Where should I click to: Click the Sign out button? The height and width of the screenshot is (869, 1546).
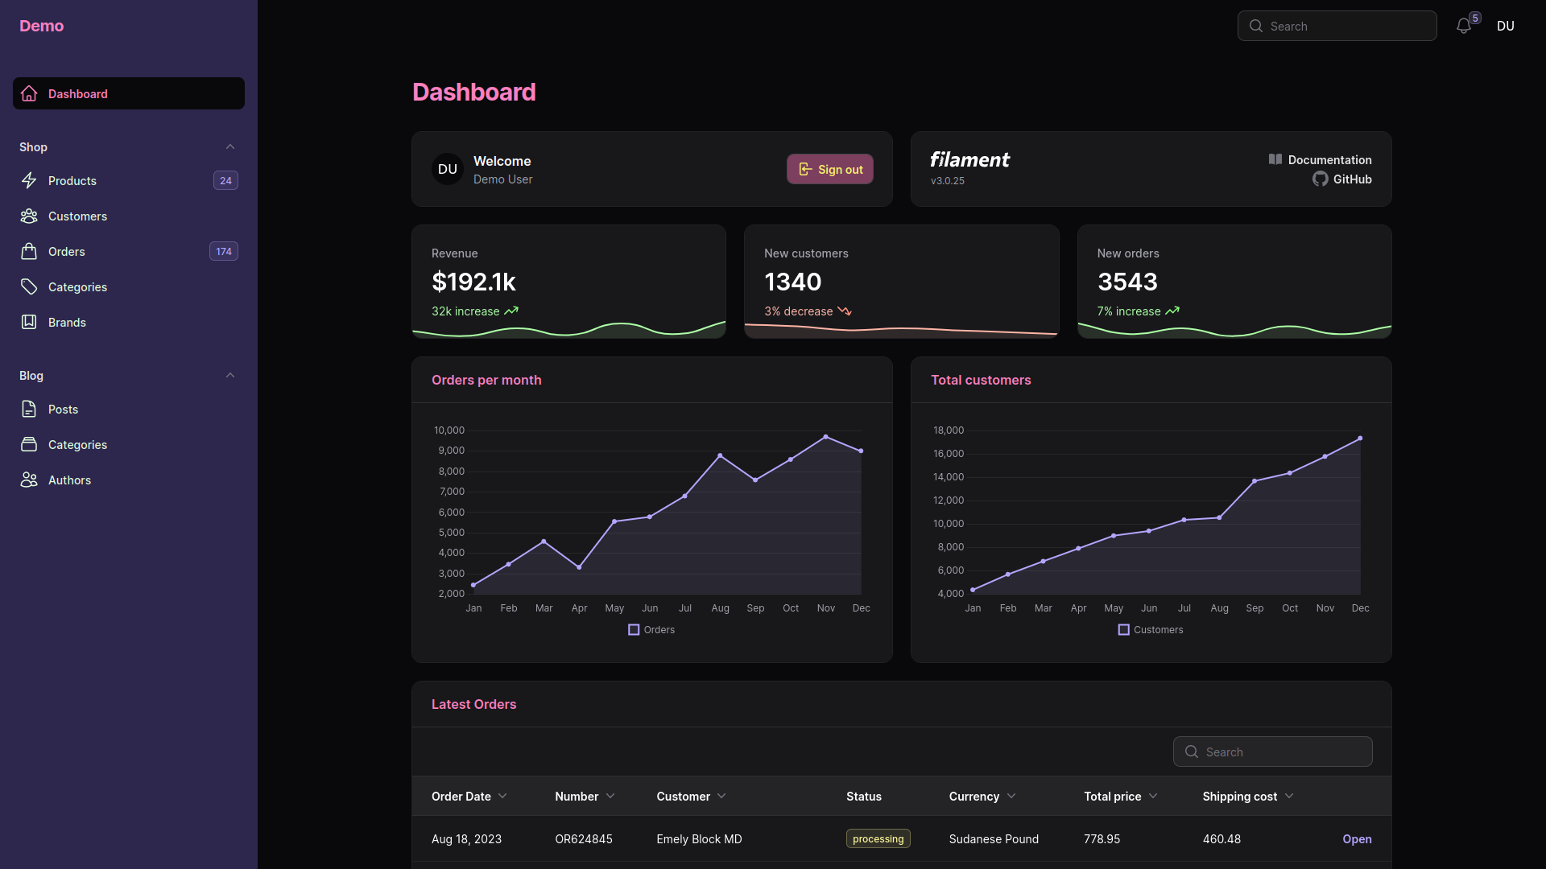(830, 169)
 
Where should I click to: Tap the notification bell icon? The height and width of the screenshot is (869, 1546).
(1464, 27)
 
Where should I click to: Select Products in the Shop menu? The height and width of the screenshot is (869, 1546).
(72, 181)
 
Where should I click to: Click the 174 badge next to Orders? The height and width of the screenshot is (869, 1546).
(224, 252)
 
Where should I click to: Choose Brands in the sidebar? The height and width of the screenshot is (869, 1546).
(67, 323)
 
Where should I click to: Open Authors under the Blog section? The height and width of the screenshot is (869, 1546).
(69, 480)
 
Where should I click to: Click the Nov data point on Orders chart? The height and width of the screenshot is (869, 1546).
(825, 437)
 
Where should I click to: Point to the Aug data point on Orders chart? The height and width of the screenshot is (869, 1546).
(720, 456)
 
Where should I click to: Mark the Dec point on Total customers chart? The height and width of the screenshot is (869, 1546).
(1360, 439)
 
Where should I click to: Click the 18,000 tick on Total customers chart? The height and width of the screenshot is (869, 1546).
(949, 430)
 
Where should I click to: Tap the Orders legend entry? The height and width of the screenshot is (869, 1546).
(651, 630)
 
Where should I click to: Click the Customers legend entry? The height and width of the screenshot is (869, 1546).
(1151, 630)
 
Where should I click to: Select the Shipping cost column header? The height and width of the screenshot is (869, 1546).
(1240, 797)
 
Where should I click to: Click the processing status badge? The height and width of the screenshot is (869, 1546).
(878, 838)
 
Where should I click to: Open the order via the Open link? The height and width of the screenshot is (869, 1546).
(1357, 839)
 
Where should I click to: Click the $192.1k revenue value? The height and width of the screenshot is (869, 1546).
(473, 282)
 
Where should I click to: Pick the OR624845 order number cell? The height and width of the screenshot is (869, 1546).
(584, 839)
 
